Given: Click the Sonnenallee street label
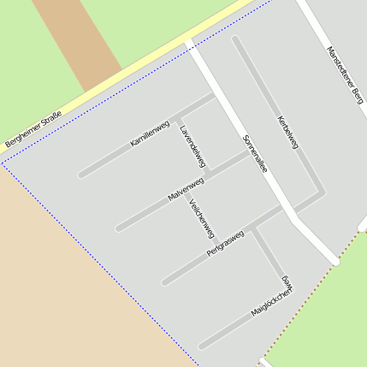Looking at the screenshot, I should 255,154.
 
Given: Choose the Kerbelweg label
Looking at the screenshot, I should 287,133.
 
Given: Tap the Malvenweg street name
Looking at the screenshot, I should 186,191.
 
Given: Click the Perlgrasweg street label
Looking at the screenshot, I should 225,244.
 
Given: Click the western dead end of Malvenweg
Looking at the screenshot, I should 119,228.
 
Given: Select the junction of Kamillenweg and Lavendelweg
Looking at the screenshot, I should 177,116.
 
